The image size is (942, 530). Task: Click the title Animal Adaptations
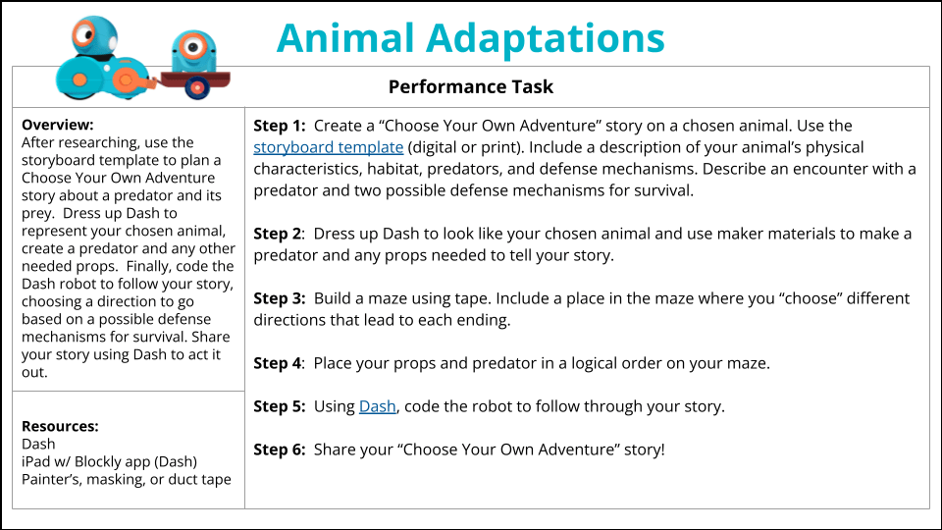(x=470, y=38)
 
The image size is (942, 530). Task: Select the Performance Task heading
(x=470, y=86)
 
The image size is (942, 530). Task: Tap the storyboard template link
(x=328, y=147)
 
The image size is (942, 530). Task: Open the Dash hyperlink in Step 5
(x=377, y=406)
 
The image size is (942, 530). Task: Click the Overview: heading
(x=58, y=125)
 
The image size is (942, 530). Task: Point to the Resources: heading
(x=60, y=426)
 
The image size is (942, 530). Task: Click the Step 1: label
(x=280, y=126)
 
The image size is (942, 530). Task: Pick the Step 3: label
(x=280, y=298)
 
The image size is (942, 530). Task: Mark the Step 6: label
(x=280, y=450)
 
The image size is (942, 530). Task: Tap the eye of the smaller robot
(x=193, y=46)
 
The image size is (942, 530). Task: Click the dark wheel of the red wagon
(x=196, y=88)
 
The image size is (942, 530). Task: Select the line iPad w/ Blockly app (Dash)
(x=109, y=461)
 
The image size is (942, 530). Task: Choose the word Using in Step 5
(x=334, y=406)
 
